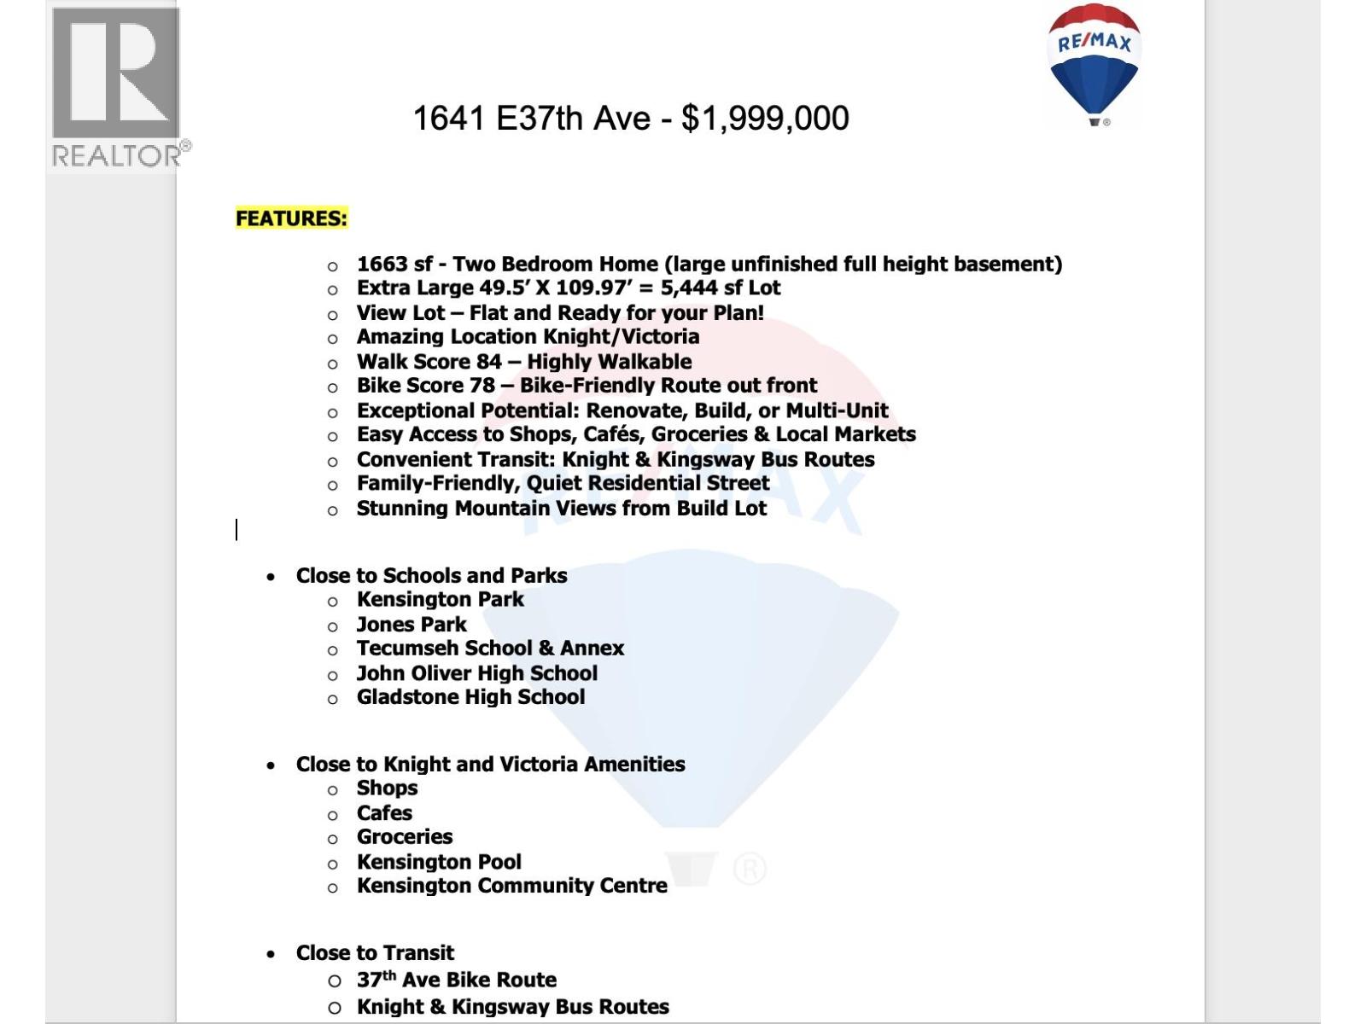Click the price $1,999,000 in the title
click(765, 119)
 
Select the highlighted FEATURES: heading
click(291, 218)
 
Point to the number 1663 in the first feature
click(382, 265)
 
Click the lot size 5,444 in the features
click(689, 288)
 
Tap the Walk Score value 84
click(489, 362)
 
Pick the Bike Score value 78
click(482, 386)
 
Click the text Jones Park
click(412, 625)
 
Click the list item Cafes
click(384, 813)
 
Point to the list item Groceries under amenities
click(405, 837)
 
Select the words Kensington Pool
click(439, 862)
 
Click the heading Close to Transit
click(375, 953)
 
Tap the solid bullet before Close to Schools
click(271, 577)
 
